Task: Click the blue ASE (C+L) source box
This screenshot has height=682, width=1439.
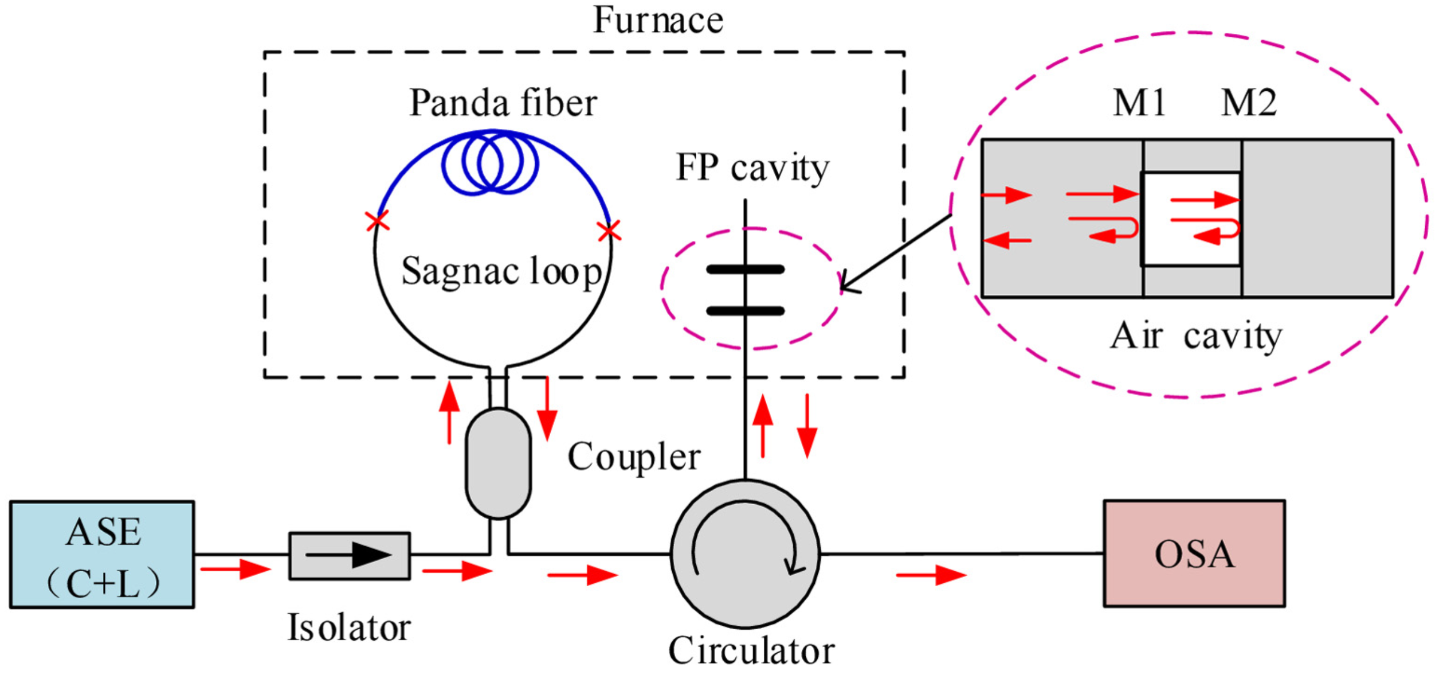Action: tap(102, 554)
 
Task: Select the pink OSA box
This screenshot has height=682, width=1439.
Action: tap(1194, 554)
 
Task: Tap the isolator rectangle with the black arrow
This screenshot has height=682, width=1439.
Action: tap(349, 555)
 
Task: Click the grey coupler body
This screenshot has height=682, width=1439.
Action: tap(498, 463)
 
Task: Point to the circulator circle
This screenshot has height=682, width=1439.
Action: tap(744, 554)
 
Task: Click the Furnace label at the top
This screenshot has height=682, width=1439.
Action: tap(657, 21)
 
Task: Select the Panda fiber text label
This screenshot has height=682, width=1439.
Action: tap(503, 104)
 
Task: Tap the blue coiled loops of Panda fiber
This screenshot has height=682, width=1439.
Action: tap(490, 163)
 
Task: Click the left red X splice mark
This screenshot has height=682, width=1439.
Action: tap(377, 221)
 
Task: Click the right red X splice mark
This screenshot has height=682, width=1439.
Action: tap(608, 231)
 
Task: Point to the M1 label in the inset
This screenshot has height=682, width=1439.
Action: tap(1138, 104)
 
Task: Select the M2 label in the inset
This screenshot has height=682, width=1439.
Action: tap(1248, 104)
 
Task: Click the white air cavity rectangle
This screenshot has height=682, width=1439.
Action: tap(1191, 219)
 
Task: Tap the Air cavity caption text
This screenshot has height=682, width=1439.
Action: tap(1195, 336)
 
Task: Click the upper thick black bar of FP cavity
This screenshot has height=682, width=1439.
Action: tap(744, 270)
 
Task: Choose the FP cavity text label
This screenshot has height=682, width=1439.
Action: tap(752, 168)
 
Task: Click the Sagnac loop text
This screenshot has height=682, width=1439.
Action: tap(500, 271)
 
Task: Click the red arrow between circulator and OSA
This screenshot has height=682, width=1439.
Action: tap(931, 575)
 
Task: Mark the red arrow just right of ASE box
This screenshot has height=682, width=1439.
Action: tap(235, 569)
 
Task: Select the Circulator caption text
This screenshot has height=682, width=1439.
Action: tap(751, 652)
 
